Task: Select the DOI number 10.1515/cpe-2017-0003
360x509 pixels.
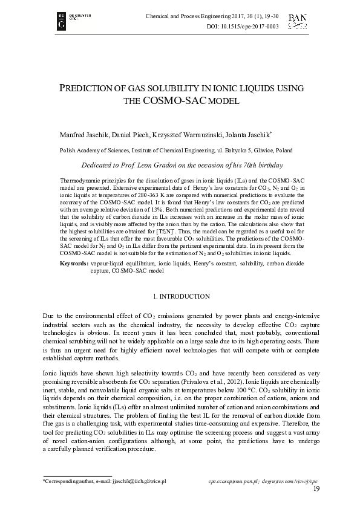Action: [x=251, y=27]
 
